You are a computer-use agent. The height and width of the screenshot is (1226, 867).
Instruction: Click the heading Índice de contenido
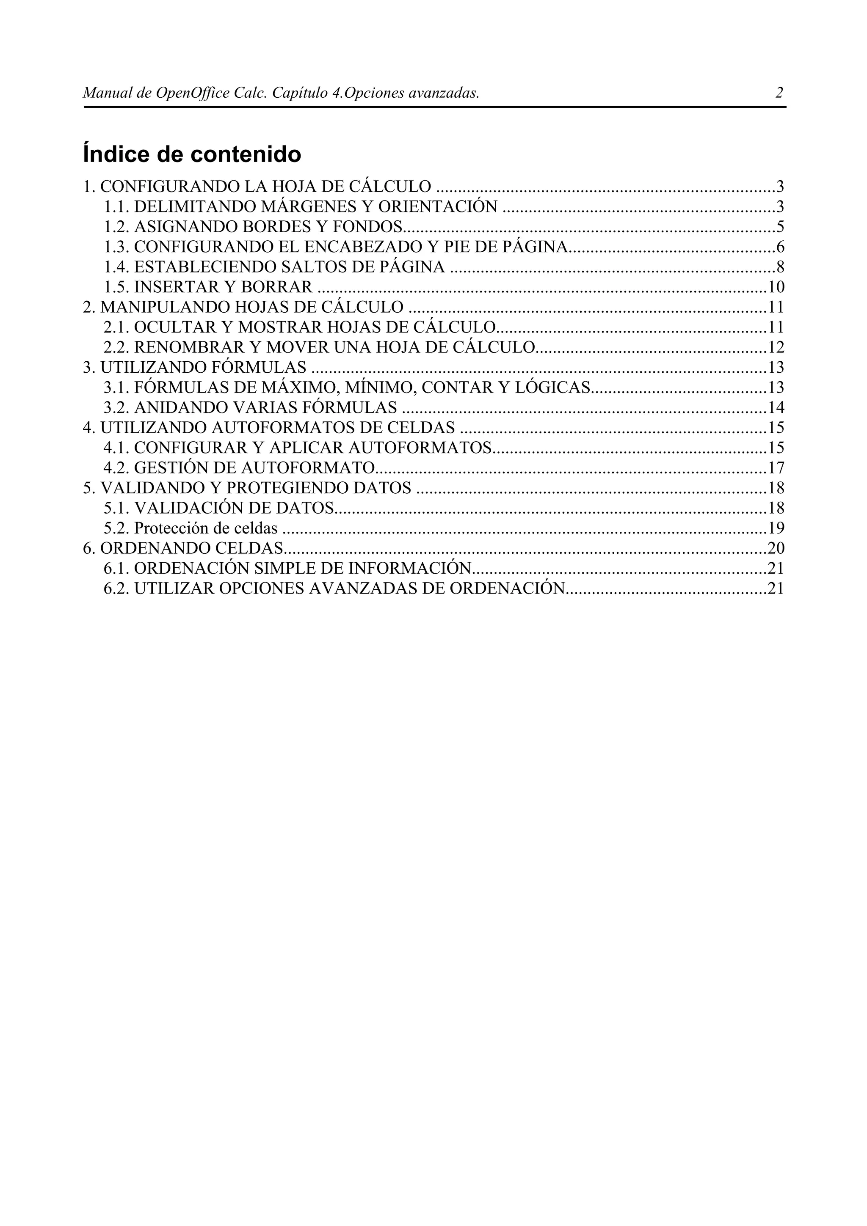pyautogui.click(x=192, y=155)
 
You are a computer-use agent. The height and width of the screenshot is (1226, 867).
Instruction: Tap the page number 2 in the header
pyautogui.click(x=779, y=93)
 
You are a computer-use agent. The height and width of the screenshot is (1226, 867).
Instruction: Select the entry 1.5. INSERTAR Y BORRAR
pyautogui.click(x=208, y=287)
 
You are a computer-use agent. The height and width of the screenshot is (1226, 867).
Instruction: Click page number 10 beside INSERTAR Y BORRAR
pyautogui.click(x=776, y=287)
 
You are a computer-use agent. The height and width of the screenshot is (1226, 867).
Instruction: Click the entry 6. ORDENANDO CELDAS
pyautogui.click(x=183, y=548)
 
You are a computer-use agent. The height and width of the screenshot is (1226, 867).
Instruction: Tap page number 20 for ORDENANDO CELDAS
pyautogui.click(x=776, y=548)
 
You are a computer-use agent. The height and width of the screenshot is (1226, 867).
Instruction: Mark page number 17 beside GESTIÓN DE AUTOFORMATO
pyautogui.click(x=776, y=468)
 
